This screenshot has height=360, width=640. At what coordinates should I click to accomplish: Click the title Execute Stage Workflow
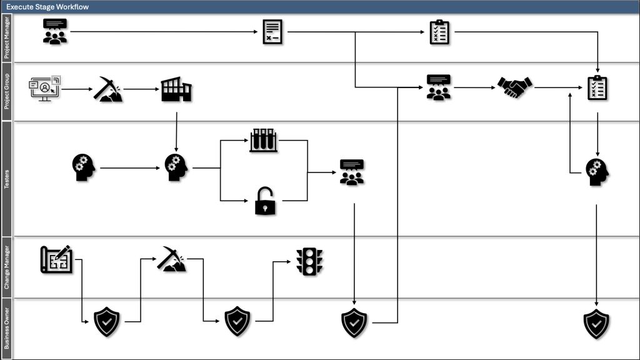(47, 6)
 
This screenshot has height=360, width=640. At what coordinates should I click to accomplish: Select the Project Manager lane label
(7, 37)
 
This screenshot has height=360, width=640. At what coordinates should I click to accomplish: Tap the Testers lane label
(7, 178)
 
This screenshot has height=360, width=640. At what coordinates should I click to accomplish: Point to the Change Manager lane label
(7, 267)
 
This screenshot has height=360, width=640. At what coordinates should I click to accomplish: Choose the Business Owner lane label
(7, 329)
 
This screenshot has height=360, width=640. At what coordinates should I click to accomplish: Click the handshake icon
(514, 87)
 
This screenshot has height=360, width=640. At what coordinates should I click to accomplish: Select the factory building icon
(176, 89)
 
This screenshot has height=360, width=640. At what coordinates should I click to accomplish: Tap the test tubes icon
(263, 141)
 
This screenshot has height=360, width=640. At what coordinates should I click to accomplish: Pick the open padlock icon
(265, 201)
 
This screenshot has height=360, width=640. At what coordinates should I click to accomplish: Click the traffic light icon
(309, 262)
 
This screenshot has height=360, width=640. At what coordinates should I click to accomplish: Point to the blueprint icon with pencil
(57, 259)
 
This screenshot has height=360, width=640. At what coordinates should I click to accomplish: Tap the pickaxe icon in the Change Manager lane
(171, 259)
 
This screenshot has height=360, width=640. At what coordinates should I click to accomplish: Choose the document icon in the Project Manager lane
(272, 32)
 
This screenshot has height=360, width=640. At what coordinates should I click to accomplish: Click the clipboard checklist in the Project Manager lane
(439, 32)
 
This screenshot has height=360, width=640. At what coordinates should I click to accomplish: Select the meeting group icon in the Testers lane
(352, 172)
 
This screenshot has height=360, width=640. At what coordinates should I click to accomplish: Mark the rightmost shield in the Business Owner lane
(596, 323)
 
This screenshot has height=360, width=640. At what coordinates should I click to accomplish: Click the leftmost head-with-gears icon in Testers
(84, 167)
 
